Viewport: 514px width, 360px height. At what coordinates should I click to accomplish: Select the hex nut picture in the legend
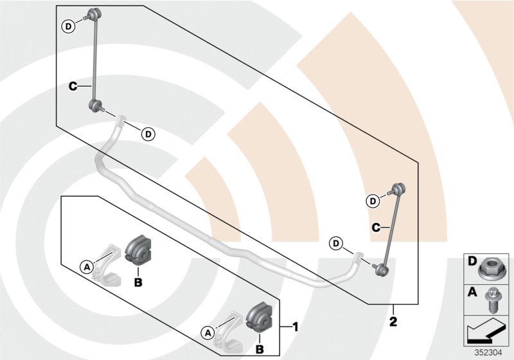[490, 265]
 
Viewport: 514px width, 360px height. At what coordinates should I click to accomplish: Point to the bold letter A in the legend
[472, 292]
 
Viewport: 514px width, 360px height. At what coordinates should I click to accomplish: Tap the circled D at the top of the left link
[68, 26]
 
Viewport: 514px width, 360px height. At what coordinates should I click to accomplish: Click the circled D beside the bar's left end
[148, 134]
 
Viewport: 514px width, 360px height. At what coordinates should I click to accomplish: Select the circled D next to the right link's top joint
[373, 201]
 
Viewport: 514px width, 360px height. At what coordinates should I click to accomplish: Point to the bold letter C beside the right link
[378, 226]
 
